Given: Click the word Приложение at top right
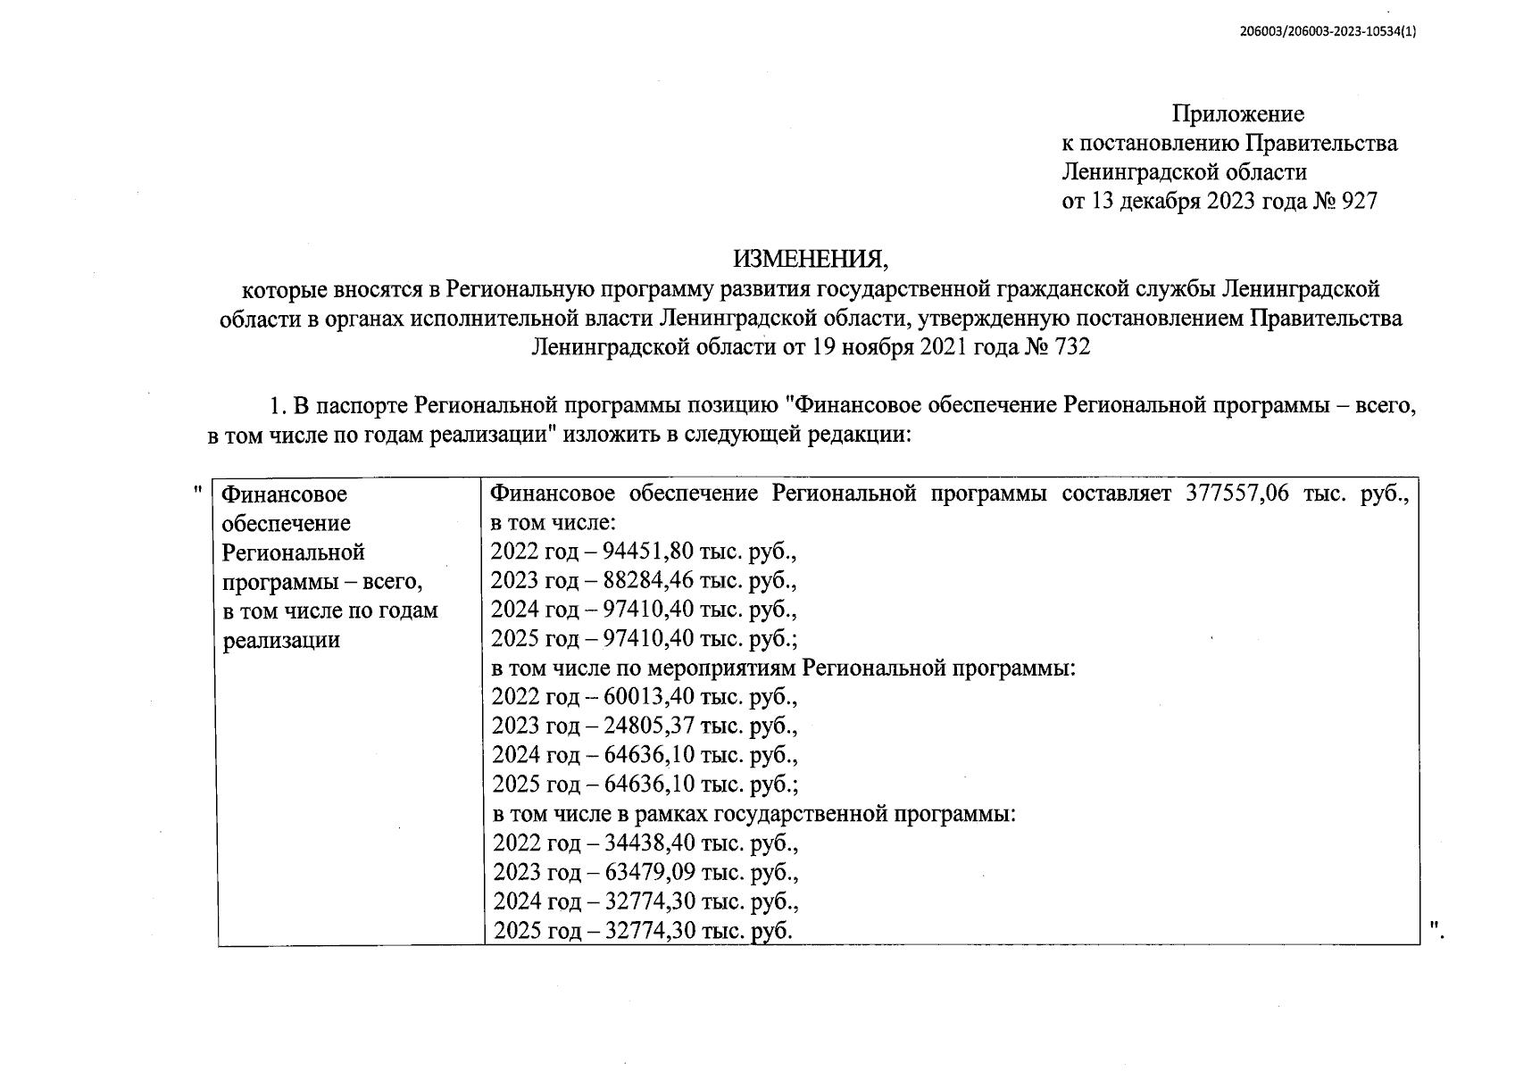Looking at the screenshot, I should pos(1237,114).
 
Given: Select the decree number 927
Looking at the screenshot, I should pos(1360,202).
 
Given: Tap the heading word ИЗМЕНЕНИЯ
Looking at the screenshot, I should pos(812,260).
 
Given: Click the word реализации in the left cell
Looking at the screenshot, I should pos(281,640).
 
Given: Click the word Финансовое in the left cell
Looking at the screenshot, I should pos(284,494).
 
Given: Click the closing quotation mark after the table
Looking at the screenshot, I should pos(1435,930).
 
